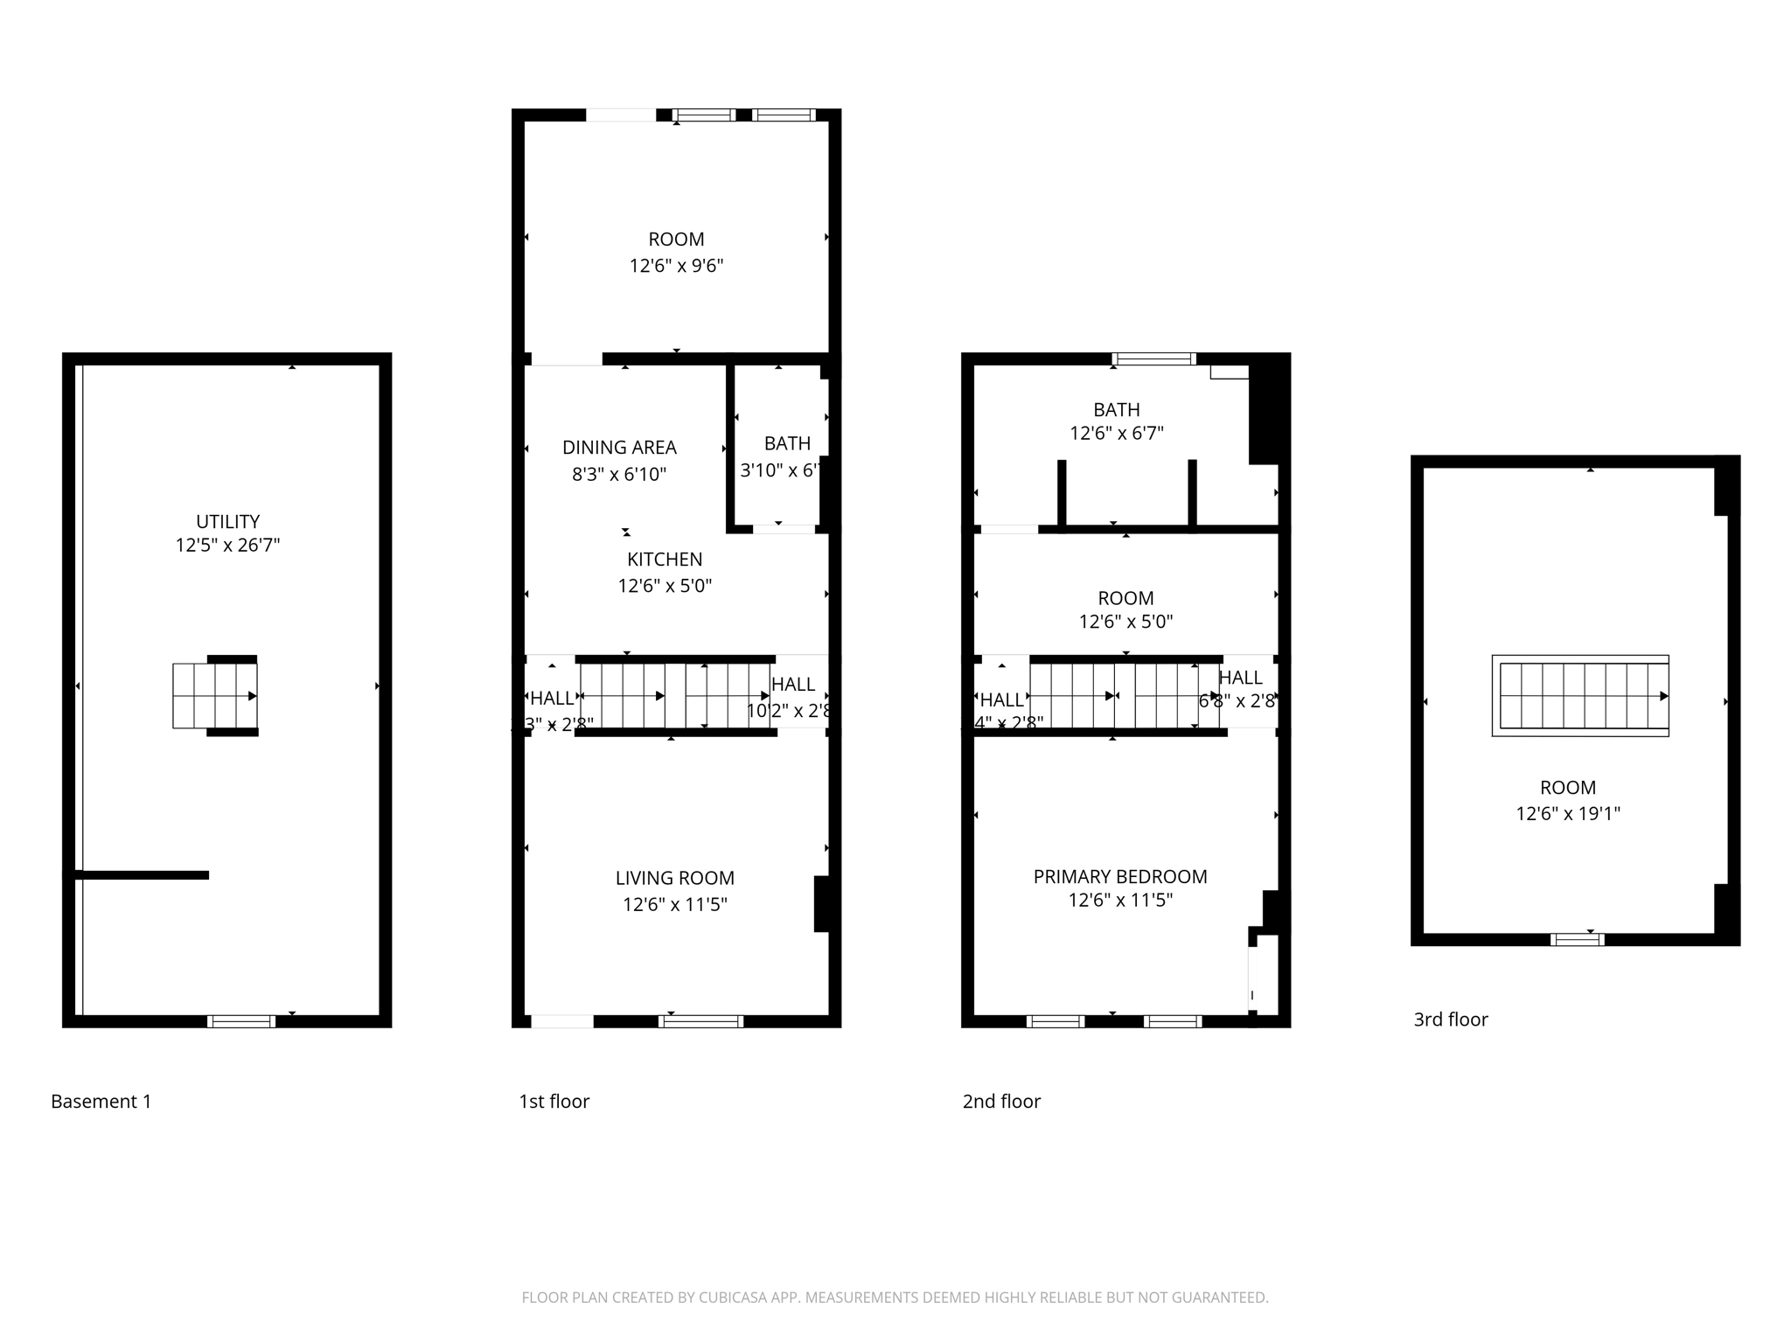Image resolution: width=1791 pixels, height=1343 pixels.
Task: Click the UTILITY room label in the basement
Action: point(227,522)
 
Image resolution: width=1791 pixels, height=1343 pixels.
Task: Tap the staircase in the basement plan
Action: point(215,696)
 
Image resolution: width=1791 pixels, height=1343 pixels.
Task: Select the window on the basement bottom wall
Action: point(241,1021)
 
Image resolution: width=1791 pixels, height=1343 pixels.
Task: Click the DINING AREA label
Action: point(619,448)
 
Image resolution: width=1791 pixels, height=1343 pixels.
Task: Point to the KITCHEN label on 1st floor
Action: point(665,560)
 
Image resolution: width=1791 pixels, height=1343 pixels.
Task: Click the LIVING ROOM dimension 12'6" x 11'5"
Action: point(674,904)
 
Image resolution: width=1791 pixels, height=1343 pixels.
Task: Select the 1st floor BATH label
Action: point(787,443)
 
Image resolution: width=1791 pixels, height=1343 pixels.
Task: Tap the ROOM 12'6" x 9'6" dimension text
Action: point(676,266)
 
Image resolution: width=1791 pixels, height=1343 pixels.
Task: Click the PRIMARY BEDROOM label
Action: point(1120,877)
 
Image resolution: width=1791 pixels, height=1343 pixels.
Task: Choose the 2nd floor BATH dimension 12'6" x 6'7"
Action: point(1117,433)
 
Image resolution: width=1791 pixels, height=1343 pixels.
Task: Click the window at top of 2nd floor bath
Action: point(1153,358)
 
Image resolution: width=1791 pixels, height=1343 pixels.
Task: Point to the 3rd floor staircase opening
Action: point(1580,696)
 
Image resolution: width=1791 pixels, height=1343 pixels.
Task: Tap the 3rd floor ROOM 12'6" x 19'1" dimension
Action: point(1568,813)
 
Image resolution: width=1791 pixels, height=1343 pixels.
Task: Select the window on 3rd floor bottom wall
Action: point(1577,940)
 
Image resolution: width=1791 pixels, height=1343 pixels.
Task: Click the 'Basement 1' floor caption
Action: point(101,1102)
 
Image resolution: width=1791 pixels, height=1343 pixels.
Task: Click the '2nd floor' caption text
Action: point(1001,1102)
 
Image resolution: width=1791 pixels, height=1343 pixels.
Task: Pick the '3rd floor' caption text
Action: point(1451,1019)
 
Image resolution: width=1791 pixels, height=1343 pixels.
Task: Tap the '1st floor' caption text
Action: point(554,1102)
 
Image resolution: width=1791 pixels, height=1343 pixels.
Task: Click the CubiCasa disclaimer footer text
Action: point(895,1298)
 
